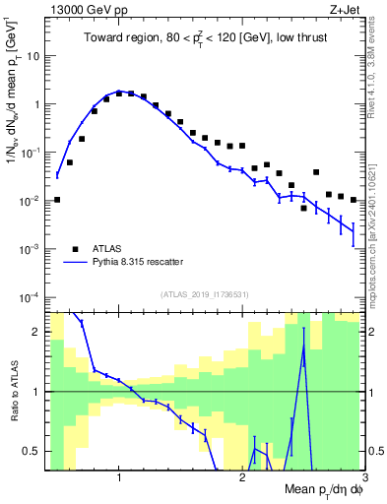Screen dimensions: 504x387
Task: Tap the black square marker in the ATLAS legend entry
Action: (74, 248)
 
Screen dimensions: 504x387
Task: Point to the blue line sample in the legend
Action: (74, 263)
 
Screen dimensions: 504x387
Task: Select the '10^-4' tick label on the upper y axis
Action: (30, 297)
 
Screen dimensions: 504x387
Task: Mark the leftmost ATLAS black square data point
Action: (57, 200)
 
